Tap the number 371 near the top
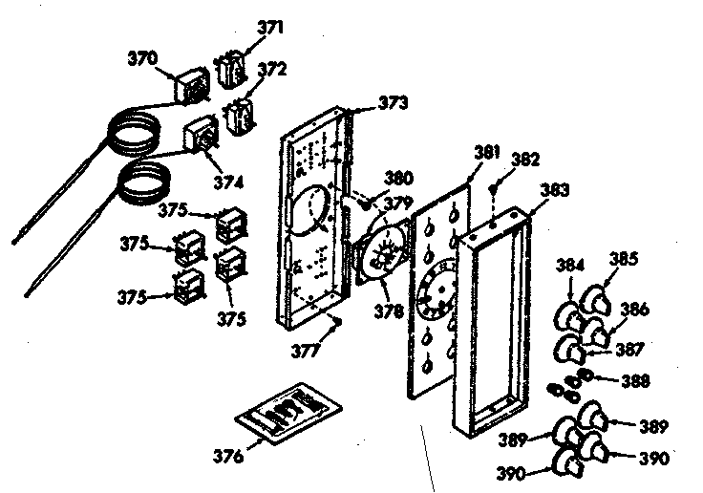(x=270, y=28)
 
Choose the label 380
(x=398, y=176)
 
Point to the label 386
(x=635, y=309)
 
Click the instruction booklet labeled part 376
(x=285, y=412)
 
